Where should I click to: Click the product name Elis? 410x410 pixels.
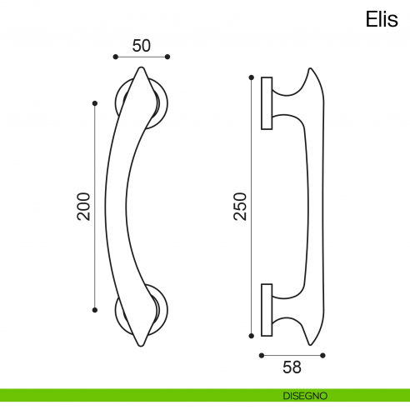click(x=382, y=20)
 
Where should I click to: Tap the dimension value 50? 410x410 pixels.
click(x=141, y=46)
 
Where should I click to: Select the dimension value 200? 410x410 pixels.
click(x=83, y=206)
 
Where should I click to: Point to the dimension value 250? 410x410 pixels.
click(x=240, y=206)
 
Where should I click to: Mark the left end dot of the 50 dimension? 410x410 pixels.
click(x=114, y=57)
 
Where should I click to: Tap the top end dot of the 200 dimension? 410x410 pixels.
click(x=94, y=102)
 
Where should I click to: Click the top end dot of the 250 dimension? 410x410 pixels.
click(x=250, y=78)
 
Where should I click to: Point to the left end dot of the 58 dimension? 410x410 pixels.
click(x=262, y=355)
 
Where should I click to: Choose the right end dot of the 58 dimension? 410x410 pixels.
click(x=324, y=355)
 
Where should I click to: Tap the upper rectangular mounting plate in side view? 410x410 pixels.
click(x=267, y=103)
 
